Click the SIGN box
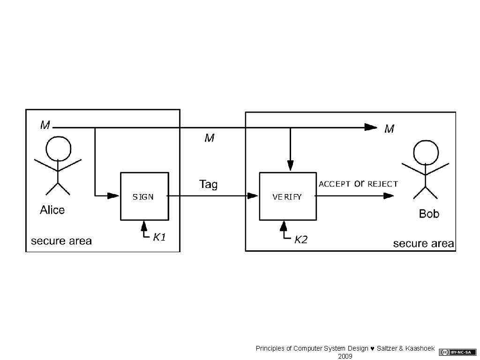[144, 196]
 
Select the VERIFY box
[287, 196]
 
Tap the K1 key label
[159, 238]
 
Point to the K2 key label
[300, 240]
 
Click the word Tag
[209, 184]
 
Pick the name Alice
[52, 210]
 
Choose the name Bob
[429, 214]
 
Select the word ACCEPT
[334, 184]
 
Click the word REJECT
[382, 184]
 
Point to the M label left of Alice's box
[45, 125]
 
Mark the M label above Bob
[389, 128]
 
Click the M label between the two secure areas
[209, 138]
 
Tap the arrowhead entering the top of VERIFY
[291, 165]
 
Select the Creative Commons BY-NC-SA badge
[451, 352]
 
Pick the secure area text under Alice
[61, 241]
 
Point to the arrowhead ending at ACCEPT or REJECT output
[389, 195]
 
